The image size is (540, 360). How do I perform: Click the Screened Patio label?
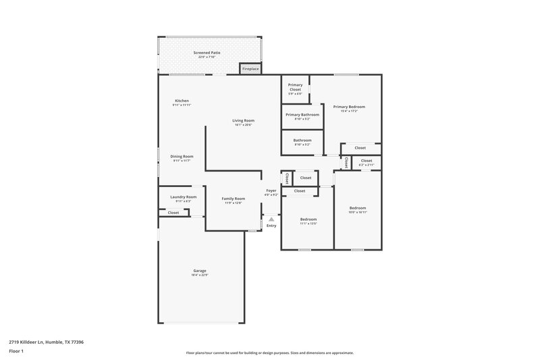click(x=207, y=52)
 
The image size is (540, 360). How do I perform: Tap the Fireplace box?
click(x=250, y=68)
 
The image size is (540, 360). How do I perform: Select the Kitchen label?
click(x=182, y=101)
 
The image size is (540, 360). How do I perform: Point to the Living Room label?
click(x=244, y=121)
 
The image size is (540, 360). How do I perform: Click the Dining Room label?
click(x=182, y=156)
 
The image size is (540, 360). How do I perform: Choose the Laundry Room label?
click(x=183, y=197)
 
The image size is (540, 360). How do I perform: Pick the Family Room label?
click(x=234, y=199)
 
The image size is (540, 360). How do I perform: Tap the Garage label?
click(x=200, y=271)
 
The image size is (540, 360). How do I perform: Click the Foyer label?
click(x=271, y=191)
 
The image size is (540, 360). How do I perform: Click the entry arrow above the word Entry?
click(x=271, y=219)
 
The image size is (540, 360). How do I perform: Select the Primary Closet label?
click(x=295, y=86)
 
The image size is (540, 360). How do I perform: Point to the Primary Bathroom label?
click(x=302, y=115)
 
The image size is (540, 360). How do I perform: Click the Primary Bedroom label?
click(x=349, y=107)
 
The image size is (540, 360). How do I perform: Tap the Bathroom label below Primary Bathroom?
click(x=302, y=140)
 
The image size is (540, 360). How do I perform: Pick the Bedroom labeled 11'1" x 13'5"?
click(x=308, y=220)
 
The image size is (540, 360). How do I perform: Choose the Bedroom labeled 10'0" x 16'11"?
click(x=357, y=208)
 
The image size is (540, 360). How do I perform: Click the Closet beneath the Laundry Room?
click(x=173, y=213)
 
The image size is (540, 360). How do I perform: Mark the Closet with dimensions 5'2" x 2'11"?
click(x=366, y=161)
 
